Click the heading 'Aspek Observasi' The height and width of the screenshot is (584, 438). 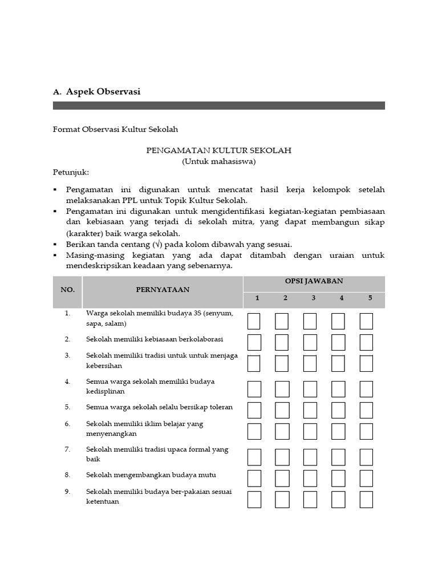click(103, 91)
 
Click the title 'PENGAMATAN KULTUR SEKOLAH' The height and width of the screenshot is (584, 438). click(219, 151)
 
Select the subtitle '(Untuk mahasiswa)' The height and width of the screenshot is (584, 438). click(219, 161)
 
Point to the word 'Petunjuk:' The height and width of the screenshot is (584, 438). click(71, 172)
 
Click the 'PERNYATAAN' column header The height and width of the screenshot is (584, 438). click(163, 290)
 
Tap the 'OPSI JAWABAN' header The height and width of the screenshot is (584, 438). click(314, 281)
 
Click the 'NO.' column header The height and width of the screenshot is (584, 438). click(67, 290)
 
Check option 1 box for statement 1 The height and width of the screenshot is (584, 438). click(254, 321)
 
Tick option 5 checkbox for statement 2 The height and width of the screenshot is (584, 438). click(366, 342)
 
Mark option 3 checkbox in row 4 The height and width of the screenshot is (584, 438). click(310, 389)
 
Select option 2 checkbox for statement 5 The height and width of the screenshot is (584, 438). click(282, 410)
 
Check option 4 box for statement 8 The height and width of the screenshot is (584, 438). click(338, 478)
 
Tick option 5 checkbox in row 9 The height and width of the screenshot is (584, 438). click(366, 499)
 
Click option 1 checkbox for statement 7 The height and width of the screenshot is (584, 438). click(254, 457)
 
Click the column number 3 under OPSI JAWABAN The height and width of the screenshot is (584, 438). click(313, 298)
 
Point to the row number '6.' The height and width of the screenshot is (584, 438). click(67, 424)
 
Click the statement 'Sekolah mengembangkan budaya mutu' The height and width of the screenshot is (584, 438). click(151, 474)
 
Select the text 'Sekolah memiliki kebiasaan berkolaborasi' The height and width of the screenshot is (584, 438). click(155, 339)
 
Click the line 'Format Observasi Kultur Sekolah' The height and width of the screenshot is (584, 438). click(116, 130)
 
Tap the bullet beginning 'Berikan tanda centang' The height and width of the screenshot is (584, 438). click(179, 244)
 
